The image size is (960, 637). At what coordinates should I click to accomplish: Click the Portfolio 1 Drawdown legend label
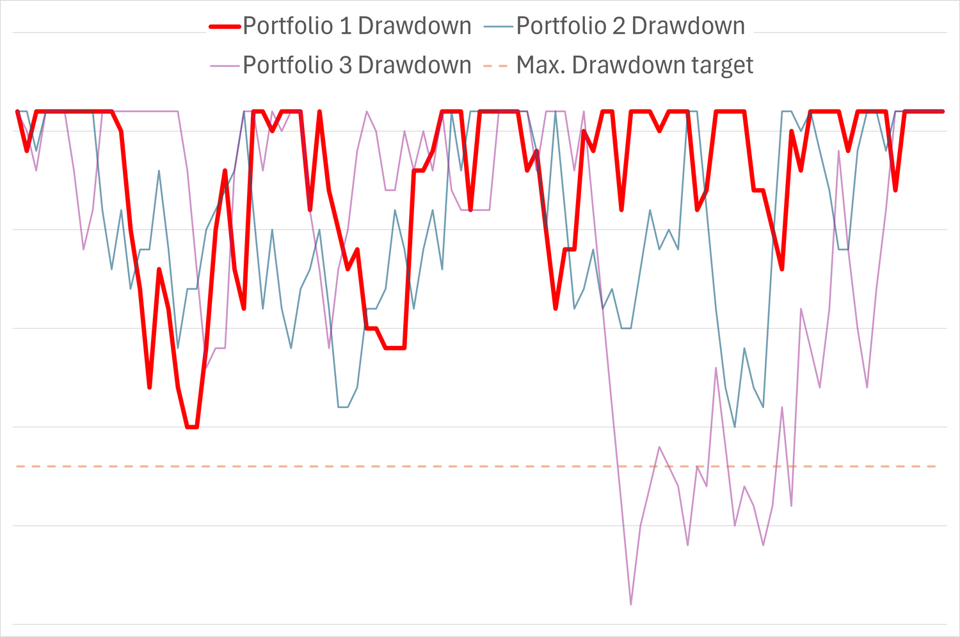pos(356,26)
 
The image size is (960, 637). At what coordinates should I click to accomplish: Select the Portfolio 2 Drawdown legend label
pos(630,26)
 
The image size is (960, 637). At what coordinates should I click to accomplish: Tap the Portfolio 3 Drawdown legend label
pos(356,65)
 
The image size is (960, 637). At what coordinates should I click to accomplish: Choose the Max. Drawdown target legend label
pos(635,65)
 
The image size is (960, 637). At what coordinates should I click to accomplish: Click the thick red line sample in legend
pos(225,27)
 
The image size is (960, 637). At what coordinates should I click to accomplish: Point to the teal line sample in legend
pos(499,27)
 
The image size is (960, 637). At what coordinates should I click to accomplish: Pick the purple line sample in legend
pos(225,66)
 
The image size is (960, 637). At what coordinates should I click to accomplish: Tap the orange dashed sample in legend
pos(499,66)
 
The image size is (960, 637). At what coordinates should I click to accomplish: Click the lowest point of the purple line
pos(631,604)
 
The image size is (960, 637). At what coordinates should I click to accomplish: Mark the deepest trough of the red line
pos(192,427)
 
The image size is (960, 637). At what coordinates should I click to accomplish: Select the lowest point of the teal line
pos(735,427)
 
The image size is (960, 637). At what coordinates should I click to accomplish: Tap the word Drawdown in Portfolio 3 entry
pos(414,65)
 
